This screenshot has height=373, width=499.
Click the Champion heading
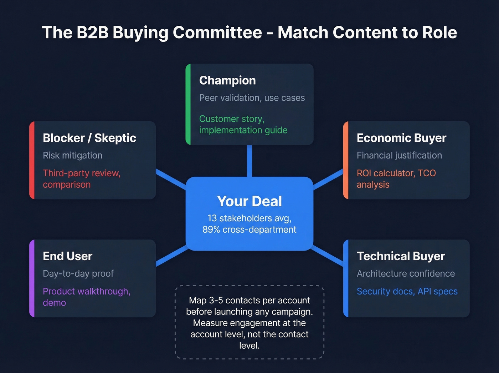pos(227,80)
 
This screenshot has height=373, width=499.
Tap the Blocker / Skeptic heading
pos(89,138)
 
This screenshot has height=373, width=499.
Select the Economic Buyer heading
pos(401,138)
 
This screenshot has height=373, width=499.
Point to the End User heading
pos(67,256)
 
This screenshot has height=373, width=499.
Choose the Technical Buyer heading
pos(401,256)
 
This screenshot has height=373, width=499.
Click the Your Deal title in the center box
pos(249,201)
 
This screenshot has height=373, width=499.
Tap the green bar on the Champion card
pos(188,104)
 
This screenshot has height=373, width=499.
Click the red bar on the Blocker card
pos(32,160)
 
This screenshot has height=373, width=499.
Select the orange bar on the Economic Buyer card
pos(345,160)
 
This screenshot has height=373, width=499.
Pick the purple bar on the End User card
pos(32,278)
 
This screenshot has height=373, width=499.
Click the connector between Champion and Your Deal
pos(249,161)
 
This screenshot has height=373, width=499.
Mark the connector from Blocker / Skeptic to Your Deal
pos(171,178)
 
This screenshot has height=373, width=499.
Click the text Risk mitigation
pos(72,155)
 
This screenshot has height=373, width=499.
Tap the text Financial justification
pos(399,155)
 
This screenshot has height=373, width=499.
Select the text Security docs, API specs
pos(407,291)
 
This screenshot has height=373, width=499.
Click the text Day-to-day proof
pos(78,273)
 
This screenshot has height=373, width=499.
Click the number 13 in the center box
pos(212,218)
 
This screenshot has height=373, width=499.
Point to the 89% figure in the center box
pos(211,230)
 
